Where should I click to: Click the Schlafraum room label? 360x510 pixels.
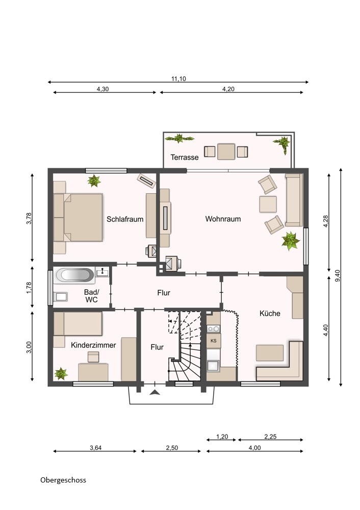125,219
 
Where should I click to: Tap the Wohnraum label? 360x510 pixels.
223,219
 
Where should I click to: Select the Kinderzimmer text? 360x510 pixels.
93,345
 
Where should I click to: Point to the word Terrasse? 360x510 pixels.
185,158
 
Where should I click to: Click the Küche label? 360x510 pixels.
270,313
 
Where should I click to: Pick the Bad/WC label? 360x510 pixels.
91,296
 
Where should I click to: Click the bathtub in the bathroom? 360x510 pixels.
75,275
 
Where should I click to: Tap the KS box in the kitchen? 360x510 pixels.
213,341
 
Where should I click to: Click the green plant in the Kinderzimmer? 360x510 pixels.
61,374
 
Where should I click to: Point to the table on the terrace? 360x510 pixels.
226,151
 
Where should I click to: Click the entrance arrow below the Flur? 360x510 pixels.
155,392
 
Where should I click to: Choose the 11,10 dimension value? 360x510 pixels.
178,79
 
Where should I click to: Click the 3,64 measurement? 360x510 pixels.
96,448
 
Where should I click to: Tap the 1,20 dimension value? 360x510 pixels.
222,437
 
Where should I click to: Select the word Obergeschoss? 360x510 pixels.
63,480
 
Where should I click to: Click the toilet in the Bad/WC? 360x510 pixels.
61,296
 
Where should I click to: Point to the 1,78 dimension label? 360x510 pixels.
29,288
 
